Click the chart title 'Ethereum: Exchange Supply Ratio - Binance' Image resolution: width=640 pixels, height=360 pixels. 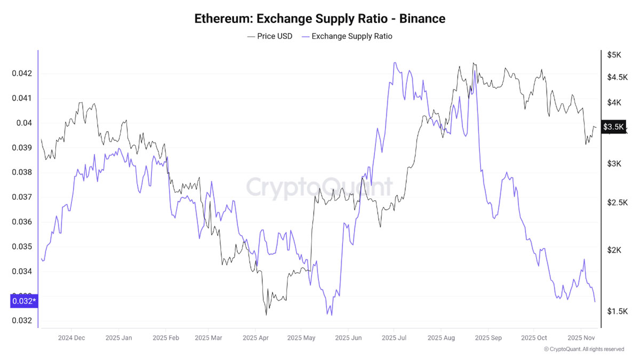click(319, 19)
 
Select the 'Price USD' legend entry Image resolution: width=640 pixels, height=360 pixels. click(270, 36)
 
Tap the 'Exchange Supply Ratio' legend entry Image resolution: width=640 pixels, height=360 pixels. click(347, 36)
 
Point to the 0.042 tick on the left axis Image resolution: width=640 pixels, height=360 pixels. click(22, 74)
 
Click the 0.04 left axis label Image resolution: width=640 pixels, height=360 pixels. click(24, 123)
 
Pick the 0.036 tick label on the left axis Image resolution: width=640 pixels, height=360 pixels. click(22, 222)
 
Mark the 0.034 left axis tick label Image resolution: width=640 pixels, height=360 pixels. click(22, 271)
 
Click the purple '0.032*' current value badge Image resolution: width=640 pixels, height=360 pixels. click(24, 301)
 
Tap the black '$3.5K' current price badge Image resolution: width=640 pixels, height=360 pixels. click(613, 126)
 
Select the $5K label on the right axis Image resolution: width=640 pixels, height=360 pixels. click(614, 54)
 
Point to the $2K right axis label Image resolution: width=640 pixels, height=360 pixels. click(614, 250)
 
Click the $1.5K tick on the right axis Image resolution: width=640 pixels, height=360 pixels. click(618, 311)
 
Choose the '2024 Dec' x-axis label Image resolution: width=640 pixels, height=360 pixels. click(71, 338)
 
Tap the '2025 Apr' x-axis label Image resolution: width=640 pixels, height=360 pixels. click(255, 338)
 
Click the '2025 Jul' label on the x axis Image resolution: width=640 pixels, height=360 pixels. click(394, 338)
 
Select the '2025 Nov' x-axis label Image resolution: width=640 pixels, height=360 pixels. click(581, 338)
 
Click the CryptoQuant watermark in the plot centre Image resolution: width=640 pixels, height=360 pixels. click(319, 187)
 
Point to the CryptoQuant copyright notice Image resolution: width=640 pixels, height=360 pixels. click(583, 349)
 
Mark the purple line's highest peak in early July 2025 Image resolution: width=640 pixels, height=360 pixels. click(395, 62)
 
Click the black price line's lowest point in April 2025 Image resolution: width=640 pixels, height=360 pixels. click(266, 315)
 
